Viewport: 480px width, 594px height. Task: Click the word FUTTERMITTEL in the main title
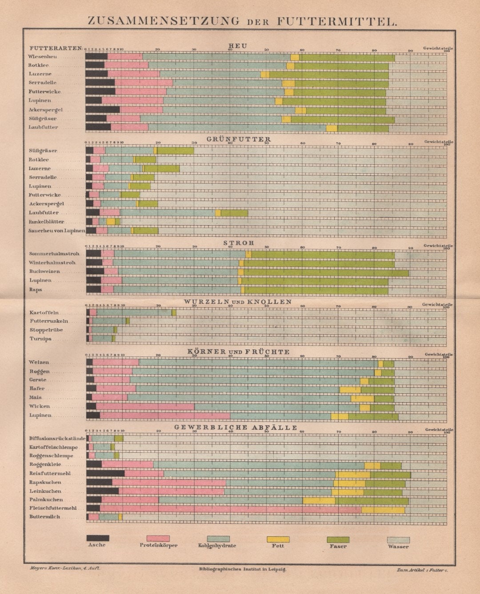pos(336,21)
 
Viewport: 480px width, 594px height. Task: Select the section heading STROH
pos(239,243)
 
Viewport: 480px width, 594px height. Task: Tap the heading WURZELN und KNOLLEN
pos(238,302)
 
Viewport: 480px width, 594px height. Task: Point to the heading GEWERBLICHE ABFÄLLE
pos(236,428)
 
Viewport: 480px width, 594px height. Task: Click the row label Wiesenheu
pos(43,56)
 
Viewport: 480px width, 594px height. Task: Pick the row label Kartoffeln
pos(44,313)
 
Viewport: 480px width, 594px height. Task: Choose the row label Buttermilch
pos(44,517)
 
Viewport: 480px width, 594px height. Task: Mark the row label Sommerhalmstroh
pos(54,254)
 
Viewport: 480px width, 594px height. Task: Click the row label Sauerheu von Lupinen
pos(56,230)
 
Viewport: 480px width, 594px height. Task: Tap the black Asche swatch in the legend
pos(97,538)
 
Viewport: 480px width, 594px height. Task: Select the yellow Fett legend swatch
pos(278,539)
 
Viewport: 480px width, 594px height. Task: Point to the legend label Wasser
pos(398,546)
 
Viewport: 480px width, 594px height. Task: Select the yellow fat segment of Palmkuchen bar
pos(319,500)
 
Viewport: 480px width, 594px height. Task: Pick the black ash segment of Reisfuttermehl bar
pos(105,474)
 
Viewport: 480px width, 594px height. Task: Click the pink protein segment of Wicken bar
pos(145,407)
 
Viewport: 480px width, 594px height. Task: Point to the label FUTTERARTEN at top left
pos(56,48)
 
